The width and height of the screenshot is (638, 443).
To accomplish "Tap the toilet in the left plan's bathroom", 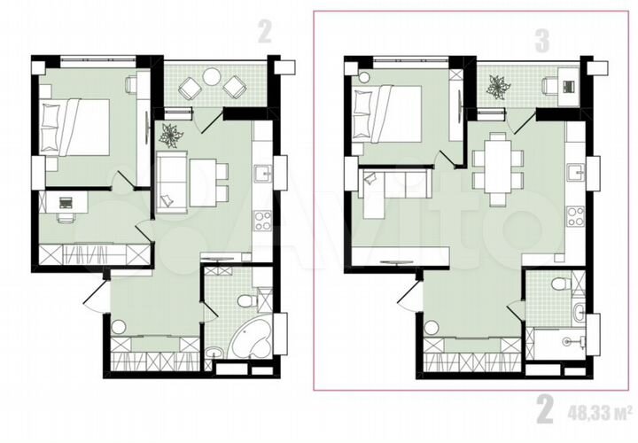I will coord(251,299).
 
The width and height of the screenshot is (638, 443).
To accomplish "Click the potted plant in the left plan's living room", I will coord(170,135).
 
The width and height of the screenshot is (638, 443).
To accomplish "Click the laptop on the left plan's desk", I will coord(65,202).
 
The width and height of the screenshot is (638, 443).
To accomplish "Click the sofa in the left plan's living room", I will coord(170,182).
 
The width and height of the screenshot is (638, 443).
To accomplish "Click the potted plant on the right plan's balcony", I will coord(498,87).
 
